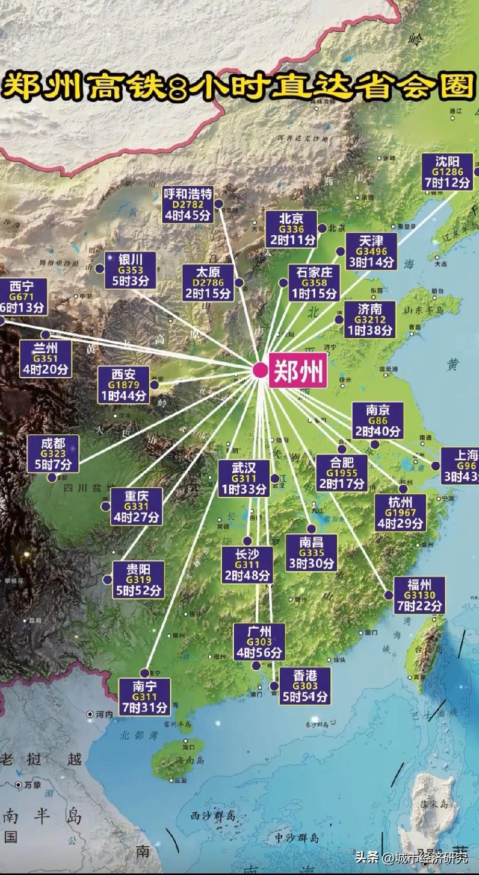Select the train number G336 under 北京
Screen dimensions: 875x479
[x=291, y=229]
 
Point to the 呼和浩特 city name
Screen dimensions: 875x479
[x=188, y=194]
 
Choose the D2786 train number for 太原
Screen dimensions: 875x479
[x=208, y=283]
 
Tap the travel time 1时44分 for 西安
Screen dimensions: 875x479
[x=124, y=395]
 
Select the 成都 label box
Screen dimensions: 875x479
[x=53, y=453]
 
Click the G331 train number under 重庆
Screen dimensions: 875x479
[x=136, y=506]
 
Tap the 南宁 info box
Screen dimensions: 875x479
[x=145, y=696]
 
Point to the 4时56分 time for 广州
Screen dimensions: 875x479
[x=259, y=652]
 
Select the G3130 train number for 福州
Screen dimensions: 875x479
[x=420, y=595]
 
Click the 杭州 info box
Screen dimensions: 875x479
[x=401, y=512]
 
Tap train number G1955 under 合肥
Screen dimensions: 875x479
[x=342, y=473]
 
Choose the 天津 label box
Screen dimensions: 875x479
[x=371, y=251]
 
